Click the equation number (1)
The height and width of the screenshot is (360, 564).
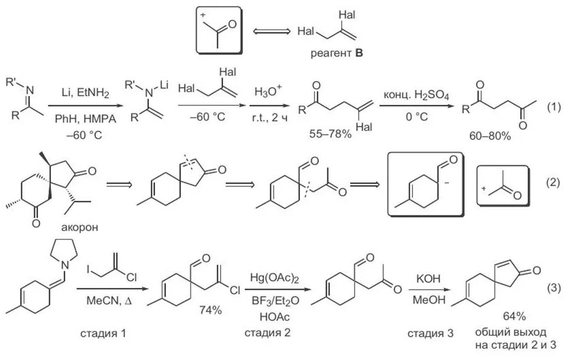point(553,106)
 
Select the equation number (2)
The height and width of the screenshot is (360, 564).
point(552,182)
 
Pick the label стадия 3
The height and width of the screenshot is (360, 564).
point(429,333)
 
